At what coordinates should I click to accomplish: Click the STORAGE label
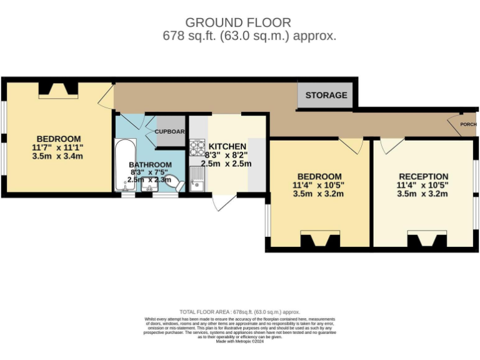click(x=326, y=95)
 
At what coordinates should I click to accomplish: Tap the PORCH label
click(x=468, y=124)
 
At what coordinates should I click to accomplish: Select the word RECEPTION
click(x=423, y=177)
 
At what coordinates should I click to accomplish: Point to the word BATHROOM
click(x=151, y=164)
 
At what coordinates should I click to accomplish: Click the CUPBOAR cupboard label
click(x=169, y=132)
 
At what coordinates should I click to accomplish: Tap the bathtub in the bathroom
click(x=123, y=165)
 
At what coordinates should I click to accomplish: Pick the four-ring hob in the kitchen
click(x=197, y=149)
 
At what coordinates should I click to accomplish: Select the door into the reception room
click(x=391, y=145)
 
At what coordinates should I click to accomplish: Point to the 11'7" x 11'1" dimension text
click(x=58, y=147)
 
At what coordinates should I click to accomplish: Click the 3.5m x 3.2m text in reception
click(x=423, y=194)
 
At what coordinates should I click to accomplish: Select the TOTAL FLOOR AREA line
click(x=240, y=311)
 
